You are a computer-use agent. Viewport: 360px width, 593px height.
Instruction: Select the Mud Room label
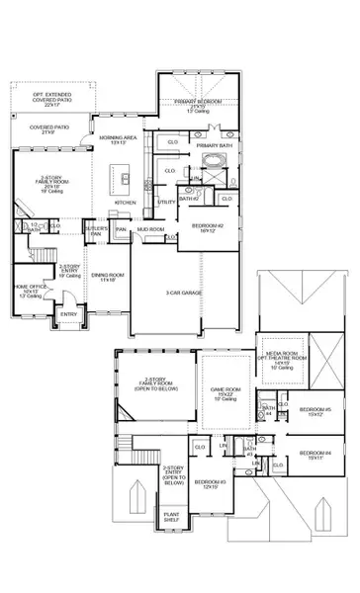151,228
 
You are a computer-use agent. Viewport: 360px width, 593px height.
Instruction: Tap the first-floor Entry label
68,315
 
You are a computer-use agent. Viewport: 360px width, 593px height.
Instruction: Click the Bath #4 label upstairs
267,410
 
